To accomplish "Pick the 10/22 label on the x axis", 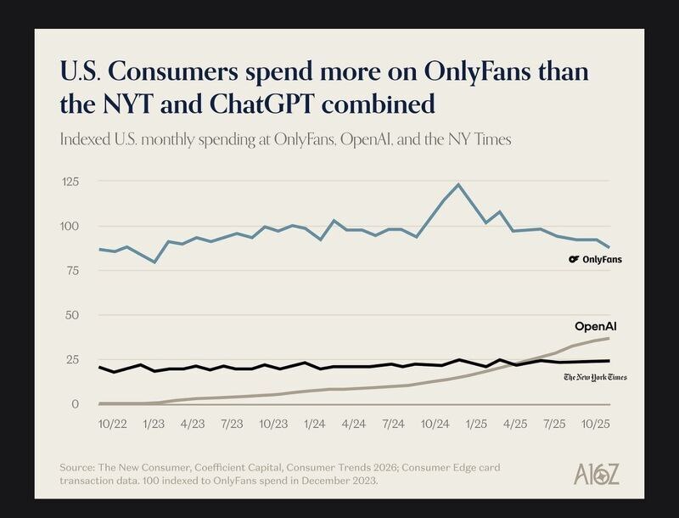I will tap(113, 422).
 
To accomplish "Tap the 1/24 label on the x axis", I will tap(314, 422).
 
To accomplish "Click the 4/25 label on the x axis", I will tap(515, 422).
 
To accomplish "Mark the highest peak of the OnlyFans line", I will tap(458, 184).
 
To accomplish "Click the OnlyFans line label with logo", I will tap(595, 259).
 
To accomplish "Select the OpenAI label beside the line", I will tap(595, 326).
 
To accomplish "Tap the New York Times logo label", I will tap(595, 376).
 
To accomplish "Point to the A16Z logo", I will tap(597, 474).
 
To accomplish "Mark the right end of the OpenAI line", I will tap(609, 339).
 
